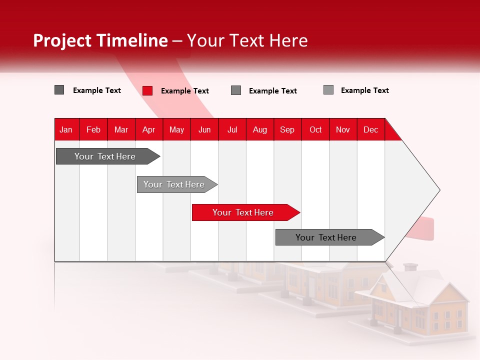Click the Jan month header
click(x=66, y=129)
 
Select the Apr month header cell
click(x=149, y=129)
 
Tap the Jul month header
click(x=232, y=129)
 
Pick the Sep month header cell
click(x=287, y=129)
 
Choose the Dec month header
click(x=370, y=129)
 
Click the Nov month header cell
click(x=343, y=129)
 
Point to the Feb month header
click(x=93, y=129)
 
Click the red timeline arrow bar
click(x=245, y=212)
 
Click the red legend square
click(x=147, y=90)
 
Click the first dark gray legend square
click(x=59, y=90)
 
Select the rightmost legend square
click(x=328, y=90)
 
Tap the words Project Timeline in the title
click(x=100, y=40)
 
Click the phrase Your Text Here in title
click(x=247, y=40)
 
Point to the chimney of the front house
click(x=410, y=268)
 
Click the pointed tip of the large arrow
click(x=438, y=190)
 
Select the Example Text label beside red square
click(x=185, y=91)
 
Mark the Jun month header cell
click(x=204, y=129)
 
